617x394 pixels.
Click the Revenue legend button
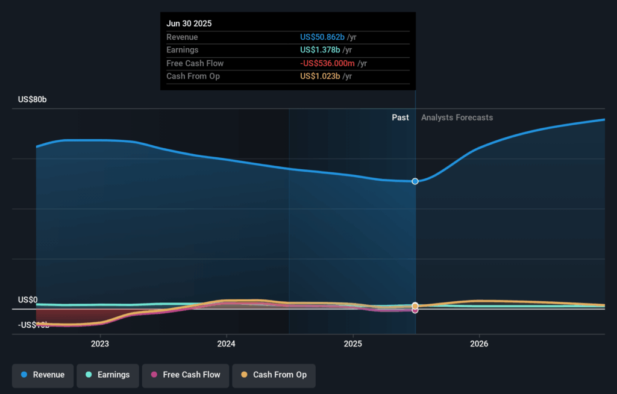pos(43,375)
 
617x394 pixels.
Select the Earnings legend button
pos(107,375)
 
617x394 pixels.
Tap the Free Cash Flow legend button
pos(186,375)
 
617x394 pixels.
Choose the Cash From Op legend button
pos(274,375)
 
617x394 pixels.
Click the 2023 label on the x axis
pos(100,344)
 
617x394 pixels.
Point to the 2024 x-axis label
pos(227,344)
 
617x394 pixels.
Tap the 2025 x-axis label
pos(353,344)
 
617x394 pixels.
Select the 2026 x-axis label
pos(480,344)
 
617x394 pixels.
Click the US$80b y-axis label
pos(32,99)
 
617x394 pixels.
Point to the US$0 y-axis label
pos(28,300)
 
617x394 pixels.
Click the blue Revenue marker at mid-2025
pos(415,181)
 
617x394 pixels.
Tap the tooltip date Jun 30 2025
pos(189,23)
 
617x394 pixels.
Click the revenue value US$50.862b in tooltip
pos(322,37)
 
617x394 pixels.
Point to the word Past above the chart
pos(400,117)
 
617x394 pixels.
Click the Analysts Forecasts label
pos(457,117)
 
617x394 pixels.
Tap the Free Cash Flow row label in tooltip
pos(195,63)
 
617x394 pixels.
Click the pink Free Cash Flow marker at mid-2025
pos(415,310)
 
